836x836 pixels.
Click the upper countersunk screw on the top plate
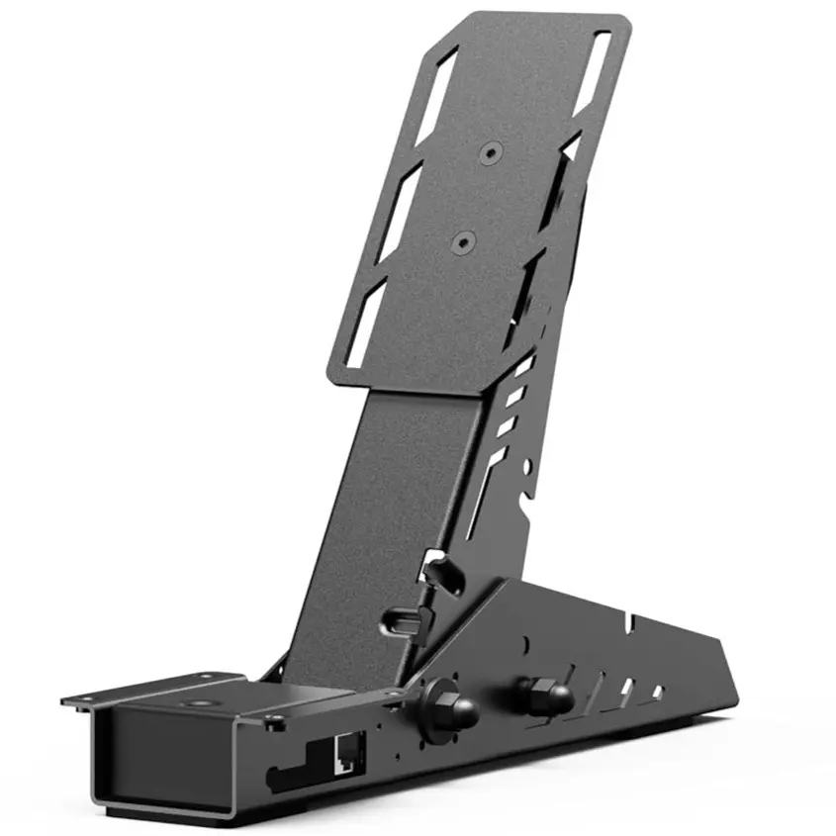click(492, 152)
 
